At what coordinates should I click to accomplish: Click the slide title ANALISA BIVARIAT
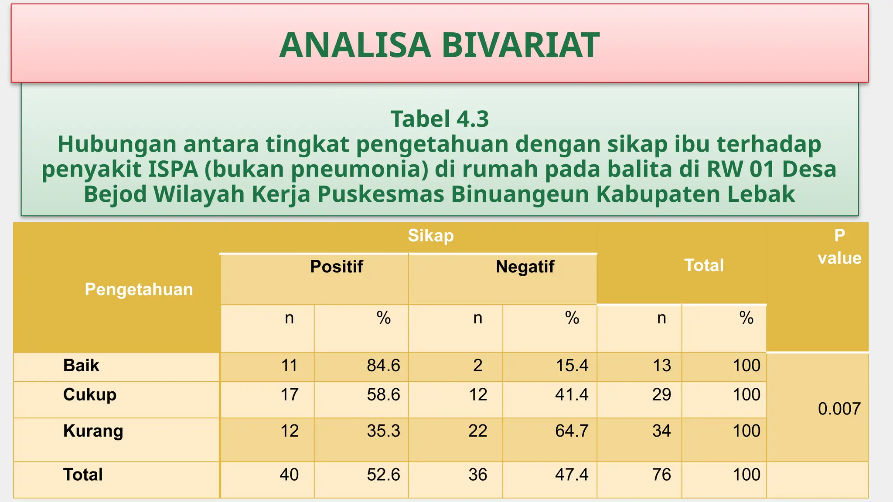pyautogui.click(x=440, y=45)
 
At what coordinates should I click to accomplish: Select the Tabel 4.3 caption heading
pyautogui.click(x=440, y=119)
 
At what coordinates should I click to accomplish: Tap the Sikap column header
pyautogui.click(x=431, y=236)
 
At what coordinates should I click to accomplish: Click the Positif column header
pyautogui.click(x=336, y=267)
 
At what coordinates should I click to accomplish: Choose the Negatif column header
pyautogui.click(x=525, y=267)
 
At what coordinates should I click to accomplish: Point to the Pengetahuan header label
pyautogui.click(x=139, y=289)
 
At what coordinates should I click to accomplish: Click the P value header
pyautogui.click(x=839, y=247)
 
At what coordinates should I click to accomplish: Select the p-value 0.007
pyautogui.click(x=839, y=409)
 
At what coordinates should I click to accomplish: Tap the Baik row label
pyautogui.click(x=81, y=366)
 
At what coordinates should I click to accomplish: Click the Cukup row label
pyautogui.click(x=90, y=395)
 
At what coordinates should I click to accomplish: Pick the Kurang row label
pyautogui.click(x=93, y=431)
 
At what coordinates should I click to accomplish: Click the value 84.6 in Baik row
pyautogui.click(x=383, y=366)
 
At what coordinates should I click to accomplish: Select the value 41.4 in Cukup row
pyautogui.click(x=572, y=395)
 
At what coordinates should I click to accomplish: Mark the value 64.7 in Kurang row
pyautogui.click(x=572, y=431)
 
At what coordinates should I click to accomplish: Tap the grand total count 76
pyautogui.click(x=661, y=475)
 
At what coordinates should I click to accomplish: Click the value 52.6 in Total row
pyautogui.click(x=383, y=475)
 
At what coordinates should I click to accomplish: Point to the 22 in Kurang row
pyautogui.click(x=478, y=431)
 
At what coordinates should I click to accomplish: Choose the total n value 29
pyautogui.click(x=661, y=395)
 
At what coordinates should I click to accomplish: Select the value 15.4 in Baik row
pyautogui.click(x=572, y=366)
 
